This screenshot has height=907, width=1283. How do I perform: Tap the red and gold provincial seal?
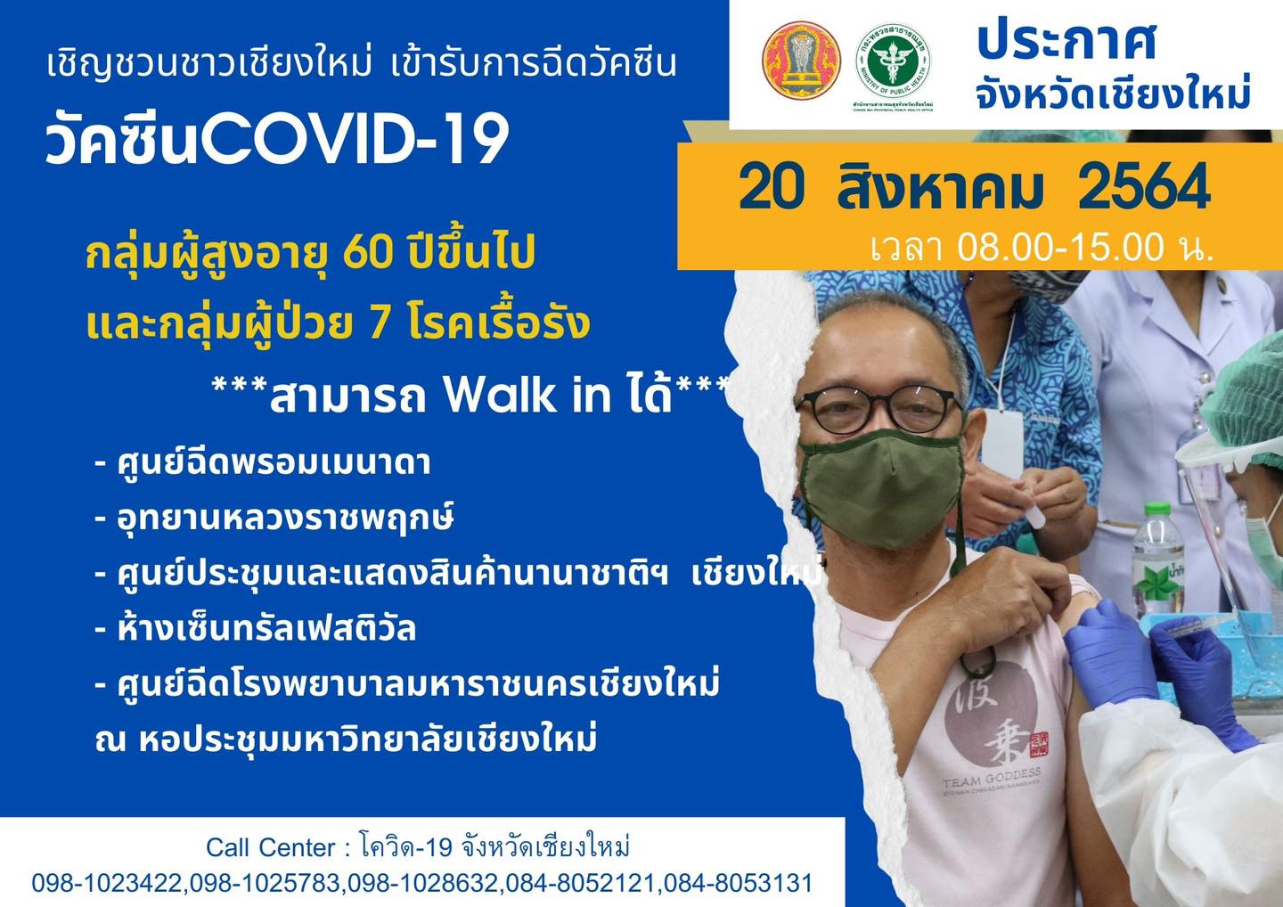pyautogui.click(x=801, y=61)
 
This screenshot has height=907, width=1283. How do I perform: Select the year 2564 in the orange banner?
pyautogui.click(x=1144, y=187)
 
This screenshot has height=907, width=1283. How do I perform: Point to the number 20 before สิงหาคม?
pyautogui.click(x=772, y=187)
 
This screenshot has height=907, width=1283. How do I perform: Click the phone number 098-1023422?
pyautogui.click(x=110, y=882)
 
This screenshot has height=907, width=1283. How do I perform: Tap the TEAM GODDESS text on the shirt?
pyautogui.click(x=992, y=778)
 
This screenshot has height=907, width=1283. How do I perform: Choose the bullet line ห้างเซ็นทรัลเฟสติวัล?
pyautogui.click(x=256, y=630)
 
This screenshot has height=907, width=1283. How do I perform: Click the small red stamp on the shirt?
pyautogui.click(x=1038, y=744)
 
